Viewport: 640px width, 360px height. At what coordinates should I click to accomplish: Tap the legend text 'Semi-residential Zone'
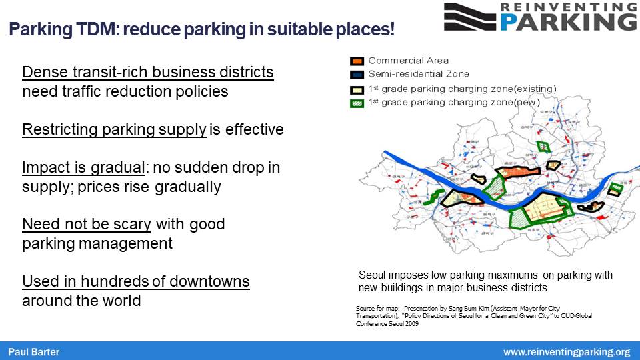(418, 74)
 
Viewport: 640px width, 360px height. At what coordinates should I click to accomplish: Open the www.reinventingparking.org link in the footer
(566, 351)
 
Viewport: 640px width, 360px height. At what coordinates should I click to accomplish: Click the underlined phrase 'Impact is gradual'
(83, 167)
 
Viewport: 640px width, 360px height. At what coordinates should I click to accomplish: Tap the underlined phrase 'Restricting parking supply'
(114, 129)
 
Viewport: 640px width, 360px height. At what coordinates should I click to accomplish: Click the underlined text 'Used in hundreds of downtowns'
(135, 281)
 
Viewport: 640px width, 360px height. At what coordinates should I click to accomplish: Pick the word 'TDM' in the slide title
(83, 29)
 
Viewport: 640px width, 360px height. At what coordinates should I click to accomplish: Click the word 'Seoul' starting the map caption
(372, 275)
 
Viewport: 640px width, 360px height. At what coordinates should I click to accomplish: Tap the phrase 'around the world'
(81, 301)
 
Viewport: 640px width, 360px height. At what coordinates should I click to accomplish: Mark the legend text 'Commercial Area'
(408, 61)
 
